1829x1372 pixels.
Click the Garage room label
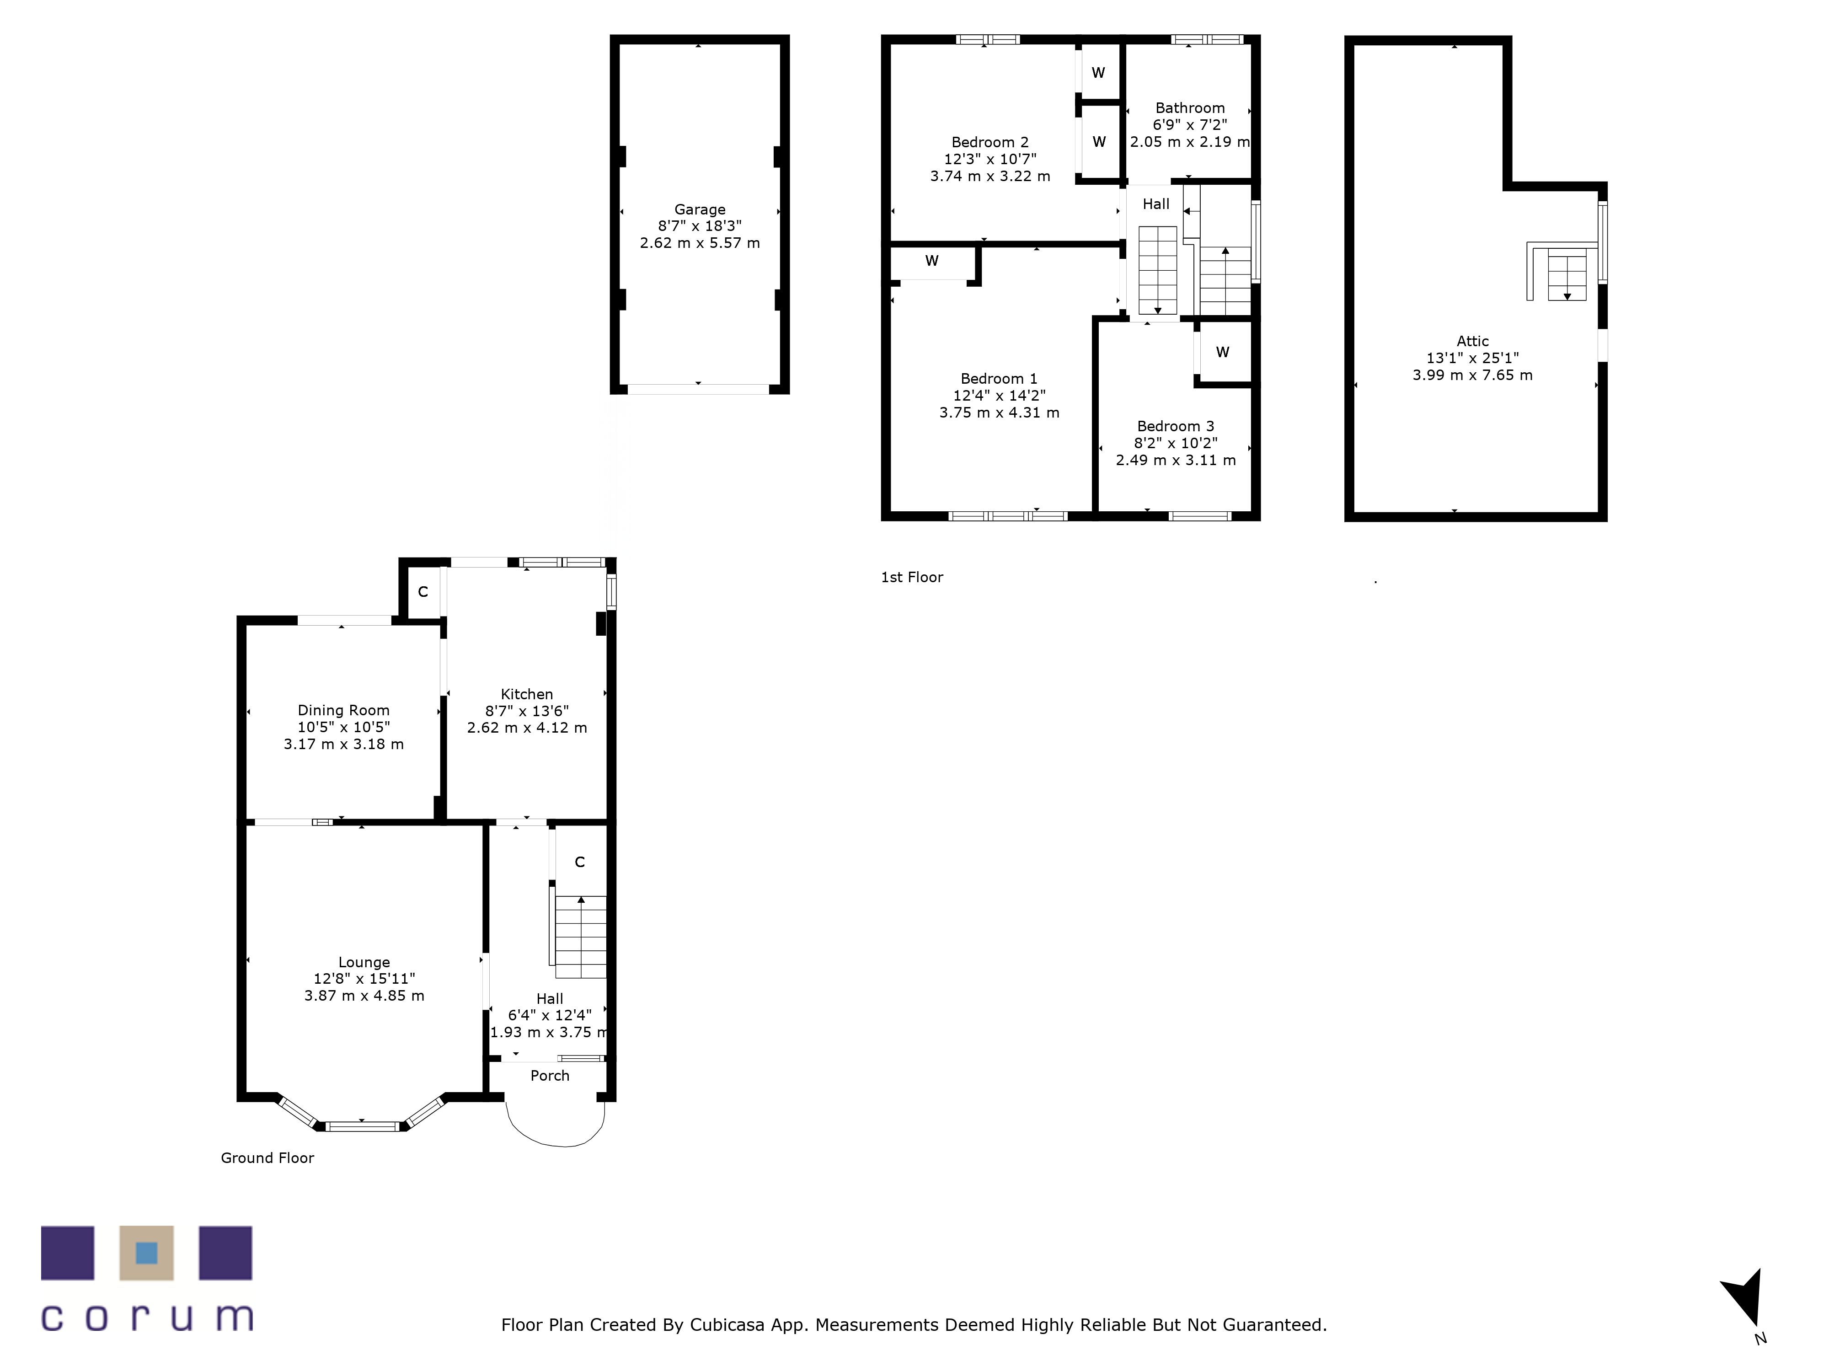(x=700, y=210)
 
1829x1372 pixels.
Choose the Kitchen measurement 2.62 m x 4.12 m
(x=527, y=728)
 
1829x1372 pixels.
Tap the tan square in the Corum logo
(x=146, y=1253)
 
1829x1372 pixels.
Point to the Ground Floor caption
(x=267, y=1158)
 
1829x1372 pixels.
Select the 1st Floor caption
(x=912, y=577)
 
